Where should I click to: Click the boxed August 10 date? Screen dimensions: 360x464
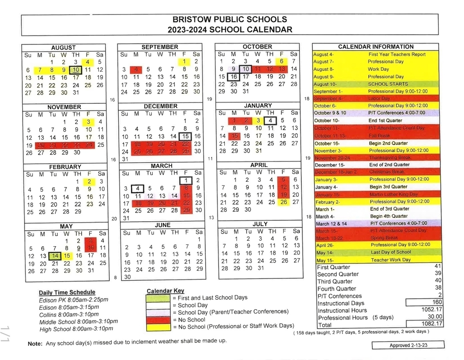[76, 70]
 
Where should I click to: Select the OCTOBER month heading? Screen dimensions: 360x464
[257, 47]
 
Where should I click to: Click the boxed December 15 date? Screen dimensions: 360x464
[185, 136]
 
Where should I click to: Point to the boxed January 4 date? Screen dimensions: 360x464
[270, 121]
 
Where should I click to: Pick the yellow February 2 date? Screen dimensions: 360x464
[89, 181]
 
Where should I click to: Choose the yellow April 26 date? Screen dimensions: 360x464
[284, 202]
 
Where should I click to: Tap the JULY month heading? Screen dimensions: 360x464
[260, 224]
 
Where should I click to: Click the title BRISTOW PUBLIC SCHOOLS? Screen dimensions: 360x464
[230, 19]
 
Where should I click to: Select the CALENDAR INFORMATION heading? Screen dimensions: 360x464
[376, 47]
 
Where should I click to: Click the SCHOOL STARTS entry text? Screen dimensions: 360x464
[387, 84]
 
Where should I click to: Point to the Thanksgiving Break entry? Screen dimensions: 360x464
[390, 158]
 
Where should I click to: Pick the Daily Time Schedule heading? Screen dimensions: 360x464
[67, 292]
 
